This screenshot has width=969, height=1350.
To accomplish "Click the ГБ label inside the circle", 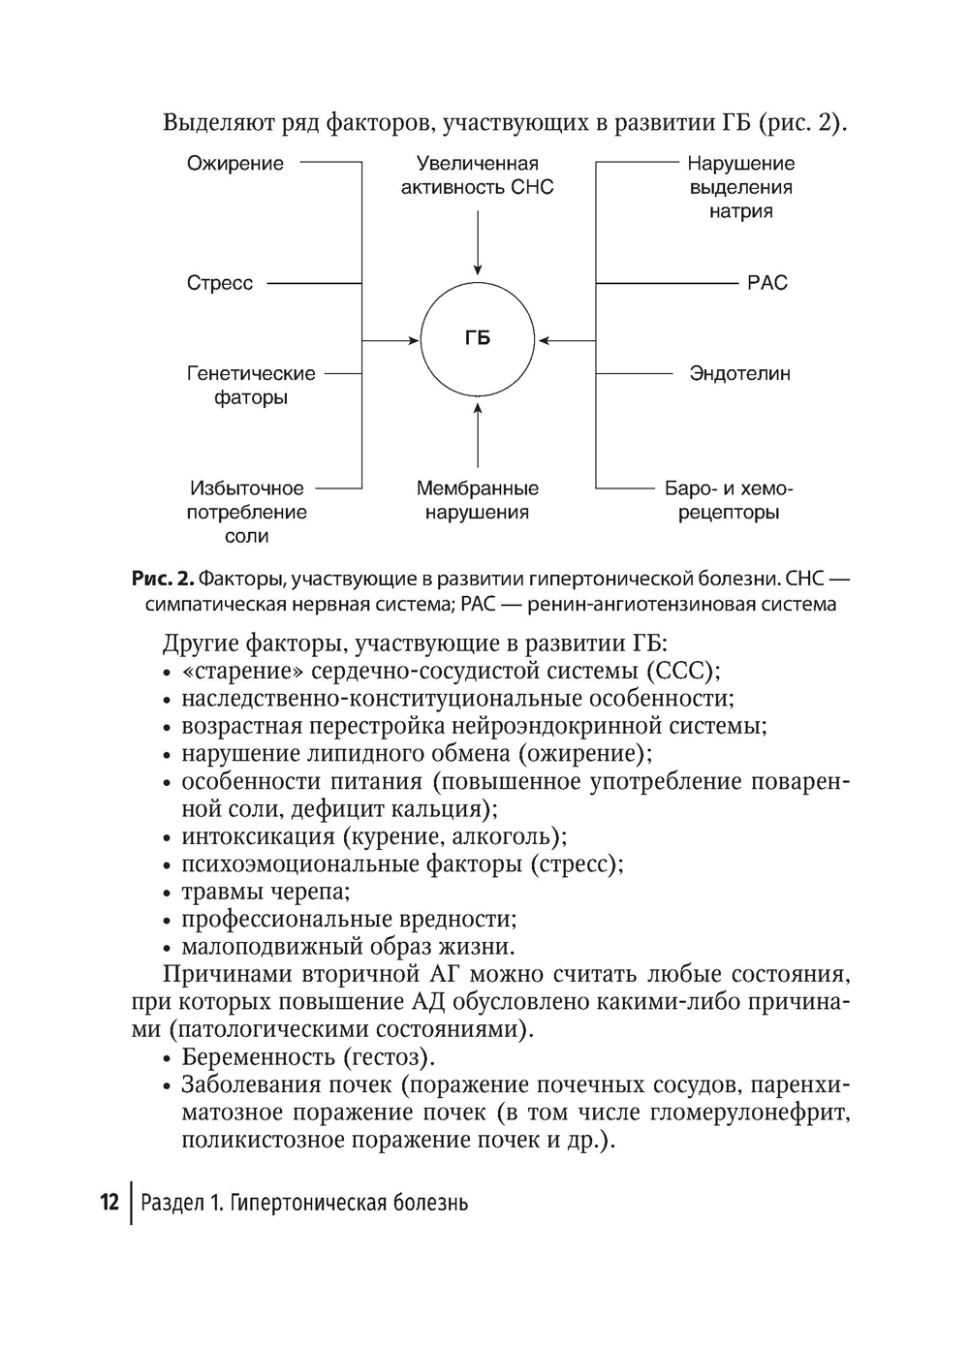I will [477, 338].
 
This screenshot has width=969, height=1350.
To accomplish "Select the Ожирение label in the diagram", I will [235, 164].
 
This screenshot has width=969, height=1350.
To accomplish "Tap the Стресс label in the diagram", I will [220, 283].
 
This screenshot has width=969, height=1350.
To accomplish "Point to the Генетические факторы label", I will [251, 386].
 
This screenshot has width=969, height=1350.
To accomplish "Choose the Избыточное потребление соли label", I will [247, 512].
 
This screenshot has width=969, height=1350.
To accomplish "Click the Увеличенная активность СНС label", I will [478, 175].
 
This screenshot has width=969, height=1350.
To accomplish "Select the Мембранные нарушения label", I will [478, 500].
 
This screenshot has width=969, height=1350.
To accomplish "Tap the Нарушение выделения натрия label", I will [741, 188].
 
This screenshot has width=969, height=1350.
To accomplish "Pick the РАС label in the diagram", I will [767, 283].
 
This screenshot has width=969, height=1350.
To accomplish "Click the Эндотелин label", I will [739, 373].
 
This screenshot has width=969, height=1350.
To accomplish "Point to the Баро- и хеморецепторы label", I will [730, 500].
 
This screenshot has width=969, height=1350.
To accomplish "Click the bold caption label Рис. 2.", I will [163, 580].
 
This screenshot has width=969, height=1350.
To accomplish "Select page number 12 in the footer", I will [109, 1203].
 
